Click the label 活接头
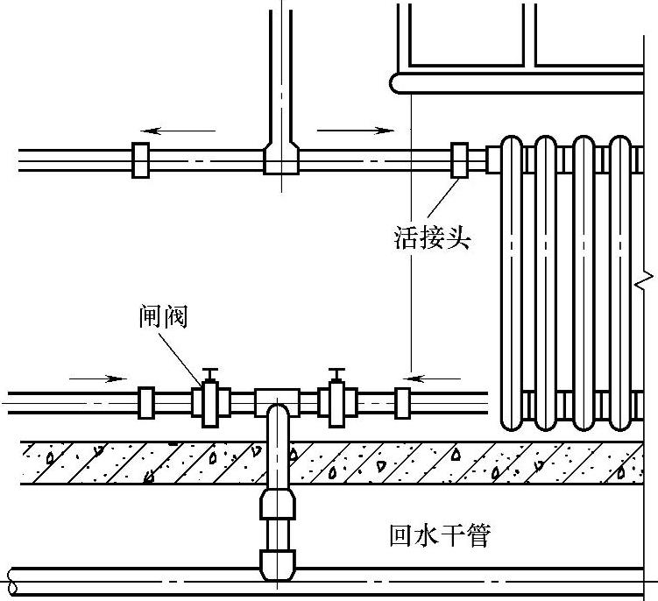pyautogui.click(x=432, y=237)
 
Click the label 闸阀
pyautogui.click(x=164, y=316)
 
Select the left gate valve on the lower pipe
pyautogui.click(x=210, y=402)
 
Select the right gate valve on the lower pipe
pyautogui.click(x=335, y=402)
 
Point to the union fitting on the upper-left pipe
pyautogui.click(x=140, y=160)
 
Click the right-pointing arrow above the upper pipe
pyautogui.click(x=356, y=131)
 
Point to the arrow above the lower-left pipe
pyautogui.click(x=97, y=378)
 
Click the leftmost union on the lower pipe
pyautogui.click(x=146, y=402)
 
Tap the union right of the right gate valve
pyautogui.click(x=402, y=402)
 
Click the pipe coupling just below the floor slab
pyautogui.click(x=279, y=506)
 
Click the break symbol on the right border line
pyautogui.click(x=644, y=280)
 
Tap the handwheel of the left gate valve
pyautogui.click(x=209, y=371)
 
